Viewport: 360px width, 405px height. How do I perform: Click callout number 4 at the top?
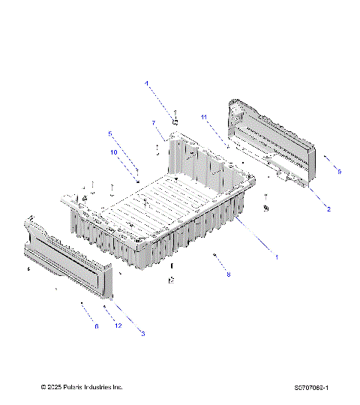point(146,83)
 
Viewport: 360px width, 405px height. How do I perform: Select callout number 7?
point(153,123)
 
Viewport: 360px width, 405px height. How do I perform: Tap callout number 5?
point(110,134)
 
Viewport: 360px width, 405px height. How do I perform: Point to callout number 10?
point(114,152)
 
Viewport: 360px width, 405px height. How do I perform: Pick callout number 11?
point(203,117)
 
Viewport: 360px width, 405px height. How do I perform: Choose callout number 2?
point(328,208)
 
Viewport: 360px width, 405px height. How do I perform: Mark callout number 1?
point(276,256)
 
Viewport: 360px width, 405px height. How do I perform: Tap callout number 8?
point(229,274)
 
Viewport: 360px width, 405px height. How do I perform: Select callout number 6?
point(96,326)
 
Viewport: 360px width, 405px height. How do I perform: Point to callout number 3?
point(142,333)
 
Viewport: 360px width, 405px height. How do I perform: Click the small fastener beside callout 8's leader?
point(215,256)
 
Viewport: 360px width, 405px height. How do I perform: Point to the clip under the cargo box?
point(172,280)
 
